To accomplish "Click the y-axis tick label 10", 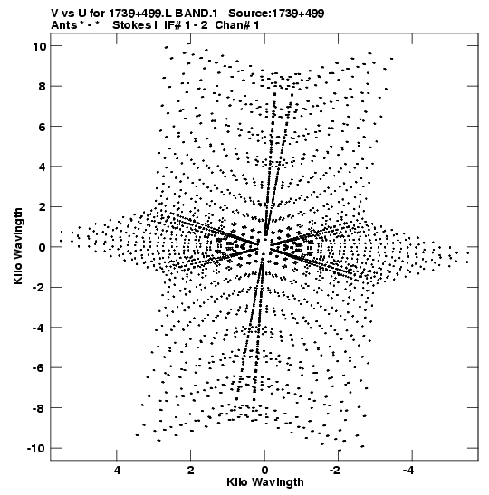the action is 39,47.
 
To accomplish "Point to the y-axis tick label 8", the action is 43,87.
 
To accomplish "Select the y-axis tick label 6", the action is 43,127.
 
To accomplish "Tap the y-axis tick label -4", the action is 39,328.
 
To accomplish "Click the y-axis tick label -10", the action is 36,449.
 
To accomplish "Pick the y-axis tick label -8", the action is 39,408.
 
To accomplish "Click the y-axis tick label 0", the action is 43,248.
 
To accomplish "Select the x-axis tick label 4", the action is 117,471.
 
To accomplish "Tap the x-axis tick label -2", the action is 335,471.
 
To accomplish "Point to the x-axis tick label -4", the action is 408,471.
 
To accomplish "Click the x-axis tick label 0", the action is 264,471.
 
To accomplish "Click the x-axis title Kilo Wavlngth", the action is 265,483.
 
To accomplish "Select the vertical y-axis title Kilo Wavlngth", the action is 18,246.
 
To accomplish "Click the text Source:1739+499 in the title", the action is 276,14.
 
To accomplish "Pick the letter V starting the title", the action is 54,14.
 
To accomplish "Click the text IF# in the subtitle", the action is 173,25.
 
